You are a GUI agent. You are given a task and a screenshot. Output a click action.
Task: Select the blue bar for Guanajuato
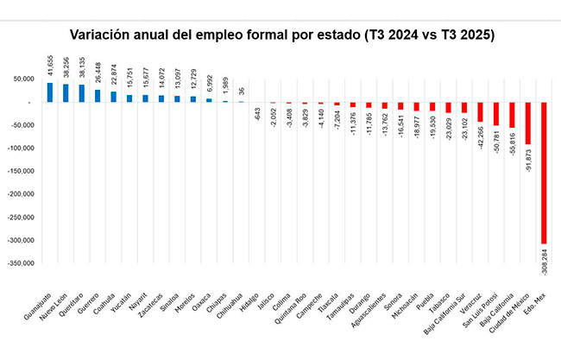(x=49, y=92)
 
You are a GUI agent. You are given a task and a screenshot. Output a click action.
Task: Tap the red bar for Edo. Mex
(x=545, y=173)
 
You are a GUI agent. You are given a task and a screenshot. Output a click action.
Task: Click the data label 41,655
(x=49, y=65)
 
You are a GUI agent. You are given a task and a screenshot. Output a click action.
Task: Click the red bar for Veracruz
(x=480, y=112)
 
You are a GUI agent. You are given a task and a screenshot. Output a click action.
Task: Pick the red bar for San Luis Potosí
(x=495, y=115)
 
